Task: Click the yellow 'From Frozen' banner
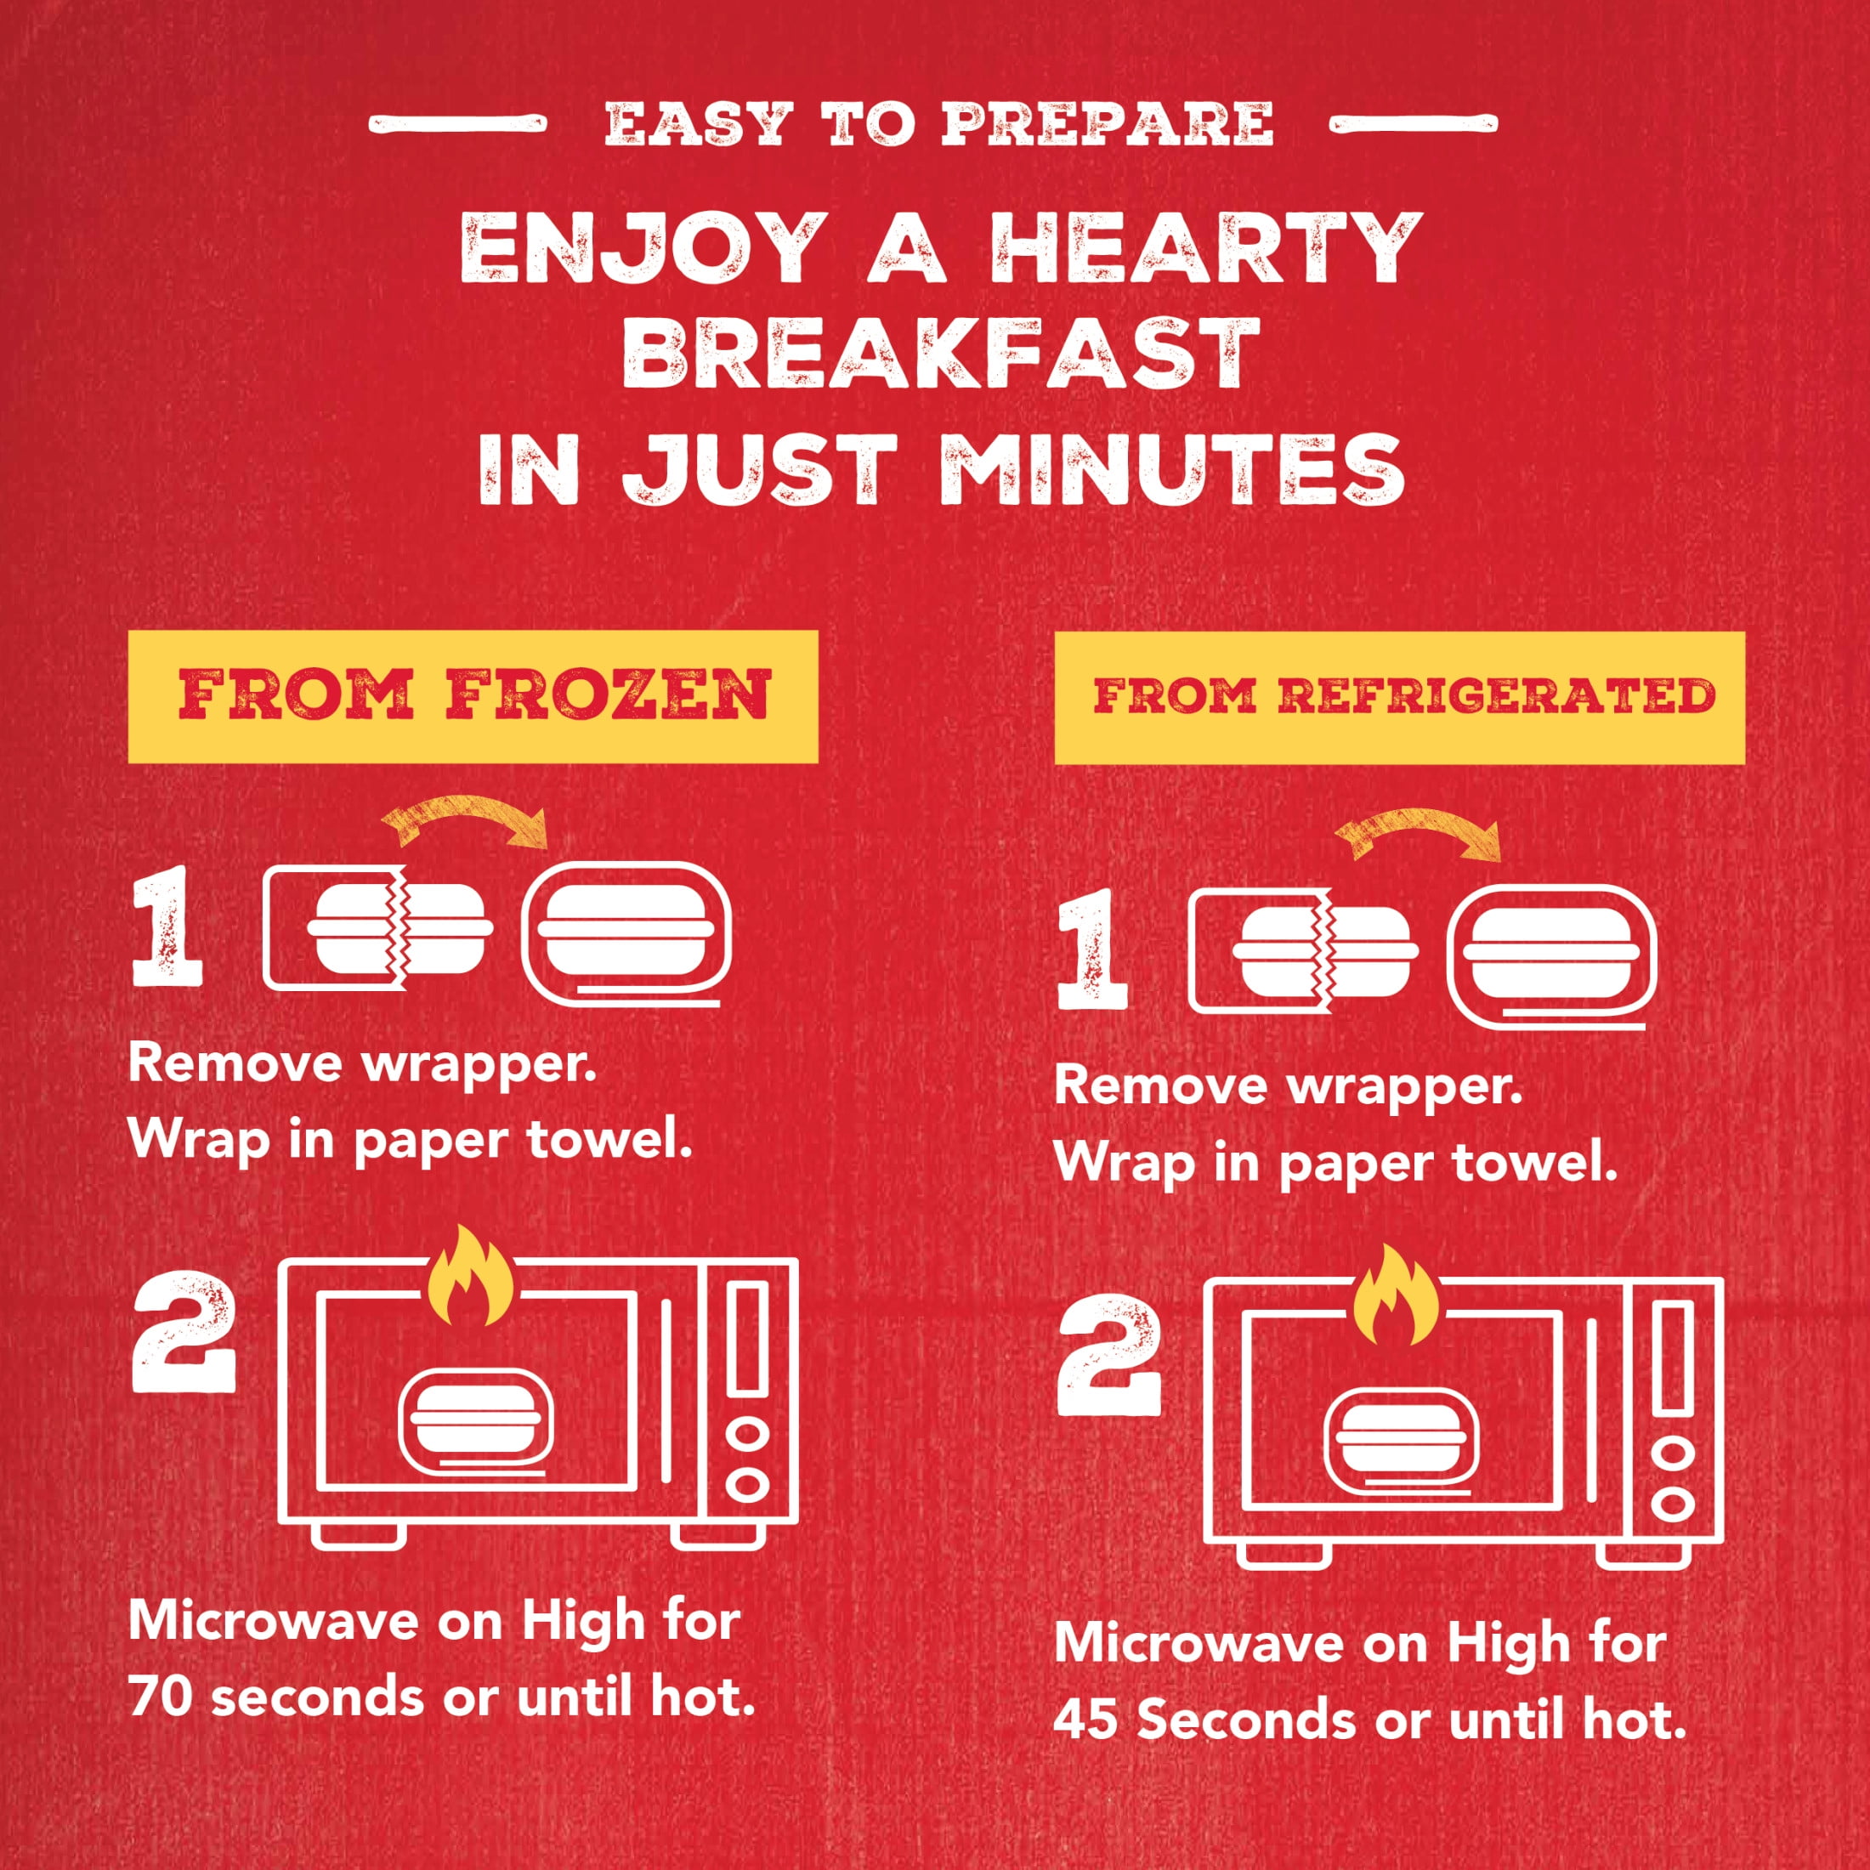(473, 696)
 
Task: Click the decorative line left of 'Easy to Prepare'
(458, 125)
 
